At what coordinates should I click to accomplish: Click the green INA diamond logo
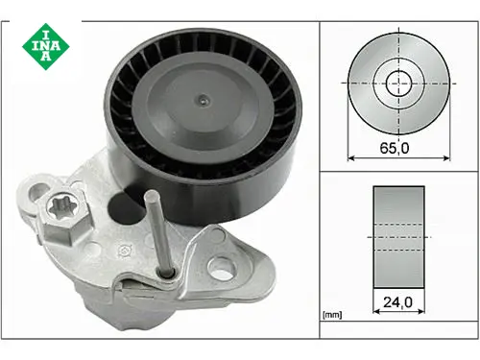(x=46, y=47)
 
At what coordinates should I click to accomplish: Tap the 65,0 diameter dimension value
(x=395, y=148)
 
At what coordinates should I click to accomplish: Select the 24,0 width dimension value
(x=398, y=302)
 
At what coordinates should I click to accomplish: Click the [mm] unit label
(x=332, y=315)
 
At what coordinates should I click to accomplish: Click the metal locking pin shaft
(x=158, y=233)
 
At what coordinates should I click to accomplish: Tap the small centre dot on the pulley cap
(x=203, y=101)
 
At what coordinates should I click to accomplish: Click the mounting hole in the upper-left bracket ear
(x=38, y=193)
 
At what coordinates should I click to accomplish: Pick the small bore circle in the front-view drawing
(x=398, y=84)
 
